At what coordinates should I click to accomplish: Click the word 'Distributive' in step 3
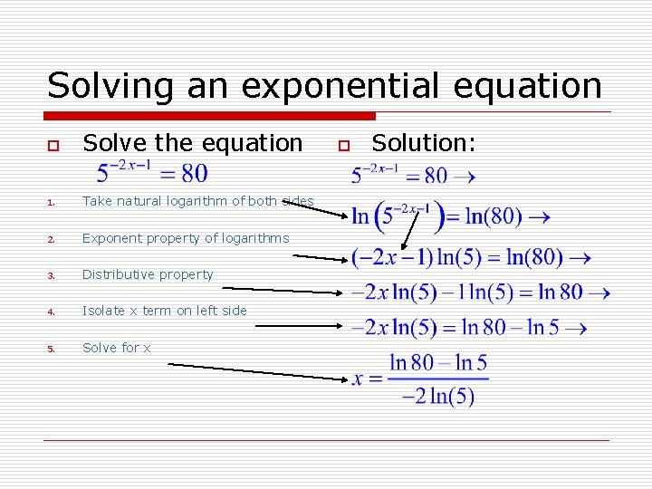click(118, 274)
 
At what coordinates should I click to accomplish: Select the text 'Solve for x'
click(117, 348)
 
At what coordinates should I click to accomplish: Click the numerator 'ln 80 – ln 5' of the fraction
click(438, 364)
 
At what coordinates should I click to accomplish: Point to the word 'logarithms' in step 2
click(257, 238)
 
